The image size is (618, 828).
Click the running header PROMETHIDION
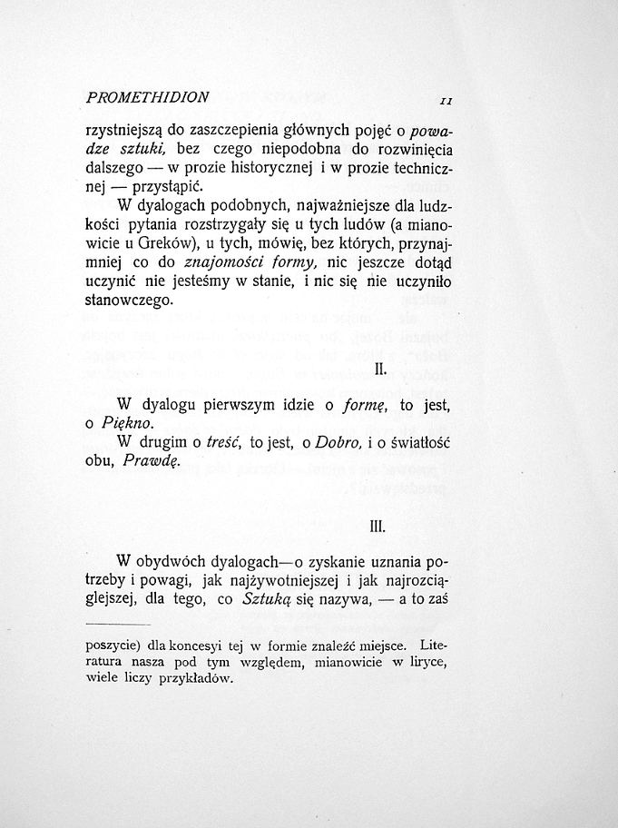tap(147, 96)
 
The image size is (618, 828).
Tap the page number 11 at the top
tap(446, 99)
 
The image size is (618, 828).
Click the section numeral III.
tap(379, 525)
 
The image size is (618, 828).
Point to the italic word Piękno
tap(127, 424)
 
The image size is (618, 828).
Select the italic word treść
tap(221, 442)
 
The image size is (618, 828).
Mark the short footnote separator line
tap(117, 626)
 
